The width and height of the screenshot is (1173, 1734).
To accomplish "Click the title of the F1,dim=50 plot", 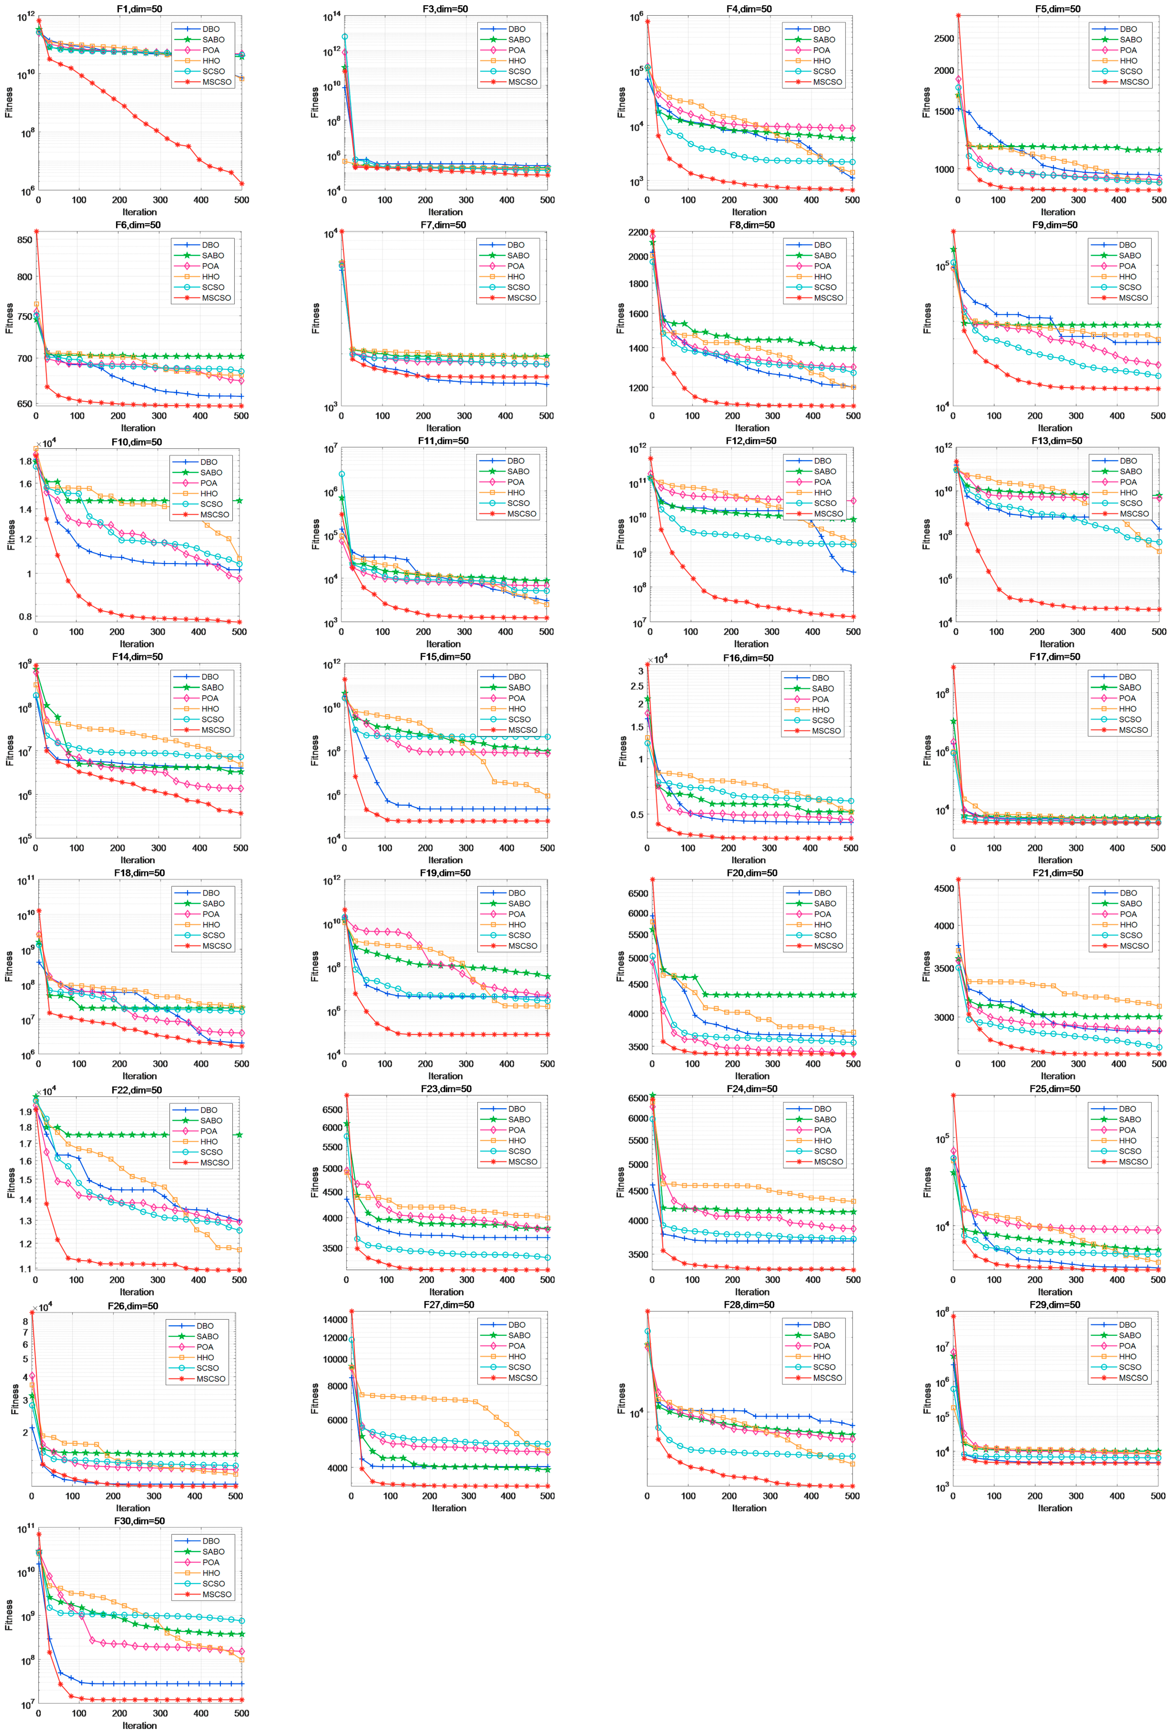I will point(139,9).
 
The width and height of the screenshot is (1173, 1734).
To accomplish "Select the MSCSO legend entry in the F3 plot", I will point(522,82).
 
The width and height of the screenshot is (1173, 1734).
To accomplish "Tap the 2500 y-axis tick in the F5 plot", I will point(943,39).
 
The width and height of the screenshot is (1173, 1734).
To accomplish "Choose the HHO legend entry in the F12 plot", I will point(822,492).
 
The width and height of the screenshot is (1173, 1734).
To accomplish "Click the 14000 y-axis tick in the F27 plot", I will point(335,1319).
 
